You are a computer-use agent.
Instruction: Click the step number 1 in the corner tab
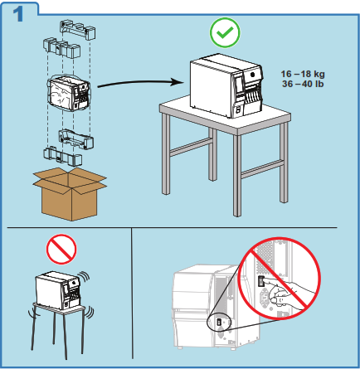tap(18, 14)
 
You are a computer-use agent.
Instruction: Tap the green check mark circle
tap(225, 32)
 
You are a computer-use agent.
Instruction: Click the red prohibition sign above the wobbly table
tap(61, 249)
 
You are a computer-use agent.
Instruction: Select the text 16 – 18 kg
tap(303, 74)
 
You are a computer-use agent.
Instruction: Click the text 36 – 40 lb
tap(303, 84)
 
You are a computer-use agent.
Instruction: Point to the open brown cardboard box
tap(70, 194)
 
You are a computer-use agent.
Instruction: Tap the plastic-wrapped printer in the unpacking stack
tap(69, 94)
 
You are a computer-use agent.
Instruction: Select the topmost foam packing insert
tap(78, 30)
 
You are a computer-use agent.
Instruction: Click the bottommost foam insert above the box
tap(62, 156)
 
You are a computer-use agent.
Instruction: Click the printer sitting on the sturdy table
tap(226, 85)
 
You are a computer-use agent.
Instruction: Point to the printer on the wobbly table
tap(58, 290)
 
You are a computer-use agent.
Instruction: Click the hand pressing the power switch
tap(290, 294)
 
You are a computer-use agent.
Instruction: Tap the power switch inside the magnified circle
tap(261, 281)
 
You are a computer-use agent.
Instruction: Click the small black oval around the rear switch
tap(219, 322)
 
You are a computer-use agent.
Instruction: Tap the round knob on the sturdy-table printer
tap(252, 75)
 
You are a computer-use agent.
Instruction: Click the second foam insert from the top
tap(62, 47)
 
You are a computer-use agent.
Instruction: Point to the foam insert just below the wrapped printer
tap(76, 138)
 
